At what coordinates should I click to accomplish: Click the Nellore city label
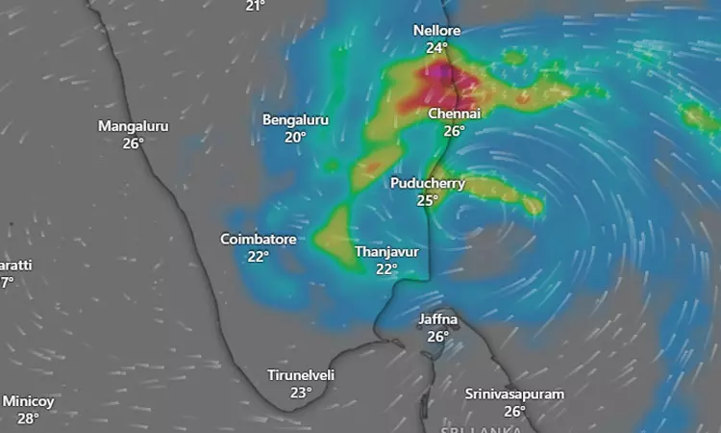[437, 31]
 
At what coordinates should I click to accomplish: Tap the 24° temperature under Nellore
[437, 48]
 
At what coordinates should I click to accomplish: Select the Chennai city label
[454, 114]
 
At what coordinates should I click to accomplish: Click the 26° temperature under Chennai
[454, 131]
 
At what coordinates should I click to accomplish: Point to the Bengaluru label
[295, 120]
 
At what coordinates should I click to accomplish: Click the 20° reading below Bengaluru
[295, 138]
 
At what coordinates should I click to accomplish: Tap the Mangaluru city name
[133, 126]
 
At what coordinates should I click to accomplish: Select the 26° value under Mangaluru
[133, 143]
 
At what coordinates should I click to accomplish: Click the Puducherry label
[428, 183]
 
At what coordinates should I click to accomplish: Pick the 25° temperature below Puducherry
[428, 200]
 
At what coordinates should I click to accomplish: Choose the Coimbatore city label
[258, 240]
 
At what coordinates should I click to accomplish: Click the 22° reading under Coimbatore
[258, 257]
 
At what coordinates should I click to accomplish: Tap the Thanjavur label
[386, 251]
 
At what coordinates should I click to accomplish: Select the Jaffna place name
[438, 318]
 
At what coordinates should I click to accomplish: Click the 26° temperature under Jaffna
[438, 336]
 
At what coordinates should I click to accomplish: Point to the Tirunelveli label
[301, 375]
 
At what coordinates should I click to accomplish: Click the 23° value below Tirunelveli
[301, 393]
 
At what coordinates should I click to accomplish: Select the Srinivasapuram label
[514, 394]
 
